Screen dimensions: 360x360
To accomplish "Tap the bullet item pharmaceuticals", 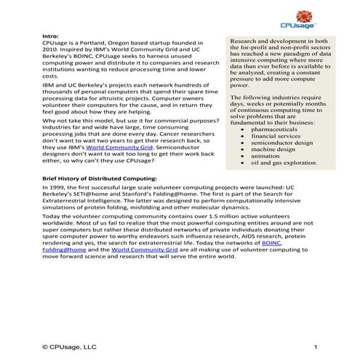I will pyautogui.click(x=276, y=129).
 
